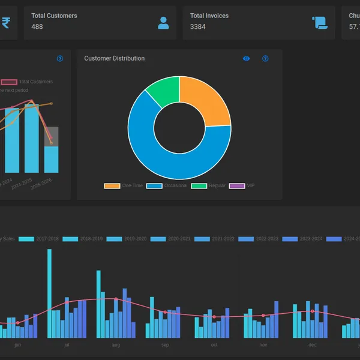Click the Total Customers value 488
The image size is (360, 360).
37,27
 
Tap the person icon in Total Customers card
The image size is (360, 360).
163,23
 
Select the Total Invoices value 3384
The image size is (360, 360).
198,27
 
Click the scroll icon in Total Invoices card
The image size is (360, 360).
320,23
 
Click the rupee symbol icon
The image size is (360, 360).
6,23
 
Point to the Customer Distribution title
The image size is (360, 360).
114,58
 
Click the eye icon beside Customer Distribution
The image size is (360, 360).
246,58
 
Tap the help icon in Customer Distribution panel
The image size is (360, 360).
265,58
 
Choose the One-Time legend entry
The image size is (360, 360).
124,186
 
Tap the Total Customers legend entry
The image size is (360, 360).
27,82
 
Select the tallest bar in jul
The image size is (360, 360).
49,294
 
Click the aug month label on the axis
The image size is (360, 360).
116,345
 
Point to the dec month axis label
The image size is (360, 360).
312,345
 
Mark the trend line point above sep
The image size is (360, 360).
165,312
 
